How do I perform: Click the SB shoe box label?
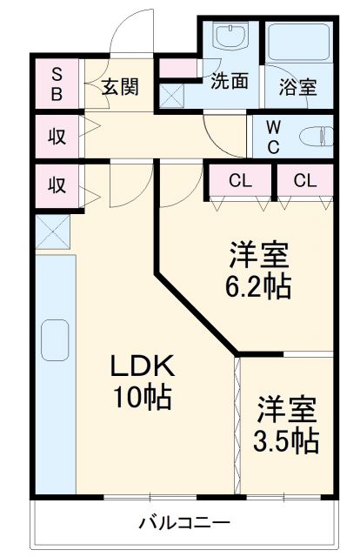tap(56, 84)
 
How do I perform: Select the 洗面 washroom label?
tap(230, 81)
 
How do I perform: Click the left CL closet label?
tap(241, 181)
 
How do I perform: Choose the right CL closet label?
tap(304, 181)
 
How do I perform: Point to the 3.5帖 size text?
tap(287, 440)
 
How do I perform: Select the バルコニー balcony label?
tap(184, 523)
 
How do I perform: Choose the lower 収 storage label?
tap(56, 185)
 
